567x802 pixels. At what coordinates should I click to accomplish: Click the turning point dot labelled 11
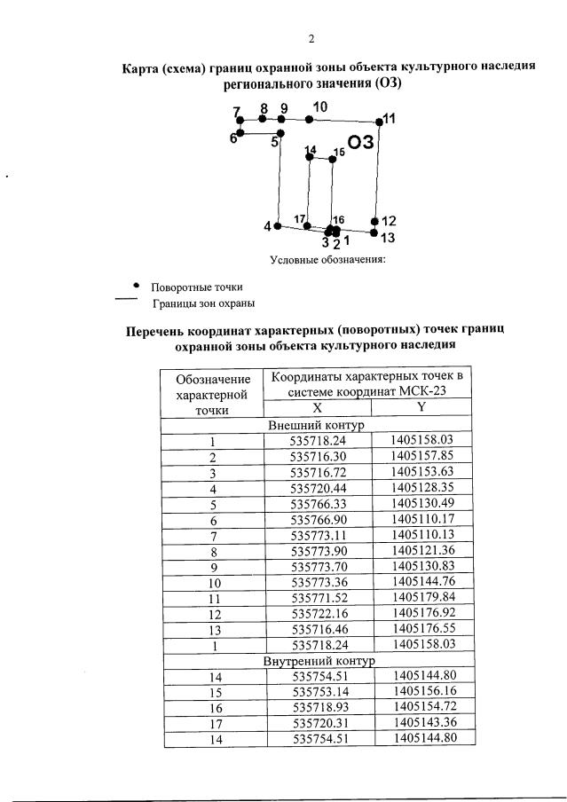coord(378,122)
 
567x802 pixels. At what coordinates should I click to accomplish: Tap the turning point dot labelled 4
coord(278,226)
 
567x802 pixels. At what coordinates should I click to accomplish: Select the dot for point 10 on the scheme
coord(309,119)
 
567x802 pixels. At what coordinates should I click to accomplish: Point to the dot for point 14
coord(309,157)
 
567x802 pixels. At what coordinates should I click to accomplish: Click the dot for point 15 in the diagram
coord(333,159)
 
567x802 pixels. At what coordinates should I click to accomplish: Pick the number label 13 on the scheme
coord(387,238)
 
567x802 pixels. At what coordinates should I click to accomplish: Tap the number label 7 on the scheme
coord(237,112)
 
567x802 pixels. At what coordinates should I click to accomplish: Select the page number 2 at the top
coord(311,38)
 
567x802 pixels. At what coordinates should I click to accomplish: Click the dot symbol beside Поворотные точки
coord(136,286)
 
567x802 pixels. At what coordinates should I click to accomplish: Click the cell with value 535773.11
coord(317,534)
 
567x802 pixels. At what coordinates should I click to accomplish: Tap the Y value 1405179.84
coord(421,596)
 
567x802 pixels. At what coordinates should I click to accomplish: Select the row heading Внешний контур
coord(317,425)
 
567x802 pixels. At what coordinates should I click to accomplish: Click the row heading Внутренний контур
coord(317,660)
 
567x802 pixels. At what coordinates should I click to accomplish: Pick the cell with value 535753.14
coord(317,690)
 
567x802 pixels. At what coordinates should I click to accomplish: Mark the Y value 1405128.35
coord(421,487)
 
